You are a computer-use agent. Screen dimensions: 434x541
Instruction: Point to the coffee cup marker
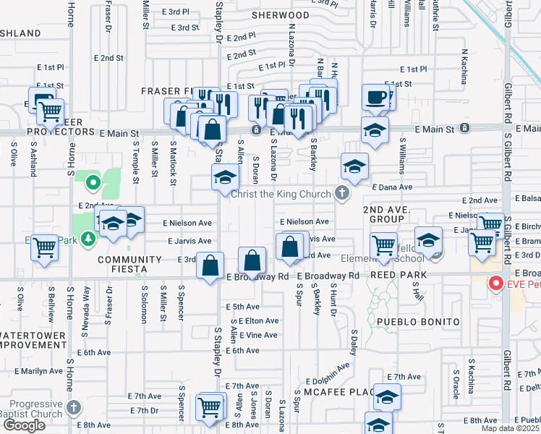pyautogui.click(x=376, y=97)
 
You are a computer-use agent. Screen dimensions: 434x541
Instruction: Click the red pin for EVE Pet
pyautogui.click(x=495, y=283)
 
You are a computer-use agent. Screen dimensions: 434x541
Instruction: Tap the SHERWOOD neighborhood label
pyautogui.click(x=281, y=15)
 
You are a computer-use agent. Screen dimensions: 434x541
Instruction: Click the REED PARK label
pyautogui.click(x=398, y=276)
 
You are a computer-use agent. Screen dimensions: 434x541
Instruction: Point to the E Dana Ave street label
pyautogui.click(x=391, y=187)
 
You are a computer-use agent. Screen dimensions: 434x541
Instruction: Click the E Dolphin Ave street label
pyautogui.click(x=327, y=381)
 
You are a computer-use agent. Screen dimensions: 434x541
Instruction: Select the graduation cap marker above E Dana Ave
pyautogui.click(x=354, y=166)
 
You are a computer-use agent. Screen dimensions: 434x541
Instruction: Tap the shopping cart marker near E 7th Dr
pyautogui.click(x=210, y=407)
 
